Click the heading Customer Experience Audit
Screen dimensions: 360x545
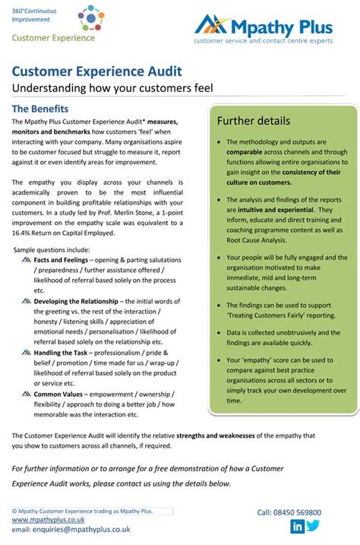(96, 72)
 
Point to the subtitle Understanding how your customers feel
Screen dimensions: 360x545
(112, 88)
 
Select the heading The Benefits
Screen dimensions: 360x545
(40, 109)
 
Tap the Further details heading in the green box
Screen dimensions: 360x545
(253, 120)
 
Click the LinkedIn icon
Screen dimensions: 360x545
(297, 526)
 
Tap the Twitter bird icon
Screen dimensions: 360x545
(313, 526)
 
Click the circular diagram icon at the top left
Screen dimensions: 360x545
(79, 16)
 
